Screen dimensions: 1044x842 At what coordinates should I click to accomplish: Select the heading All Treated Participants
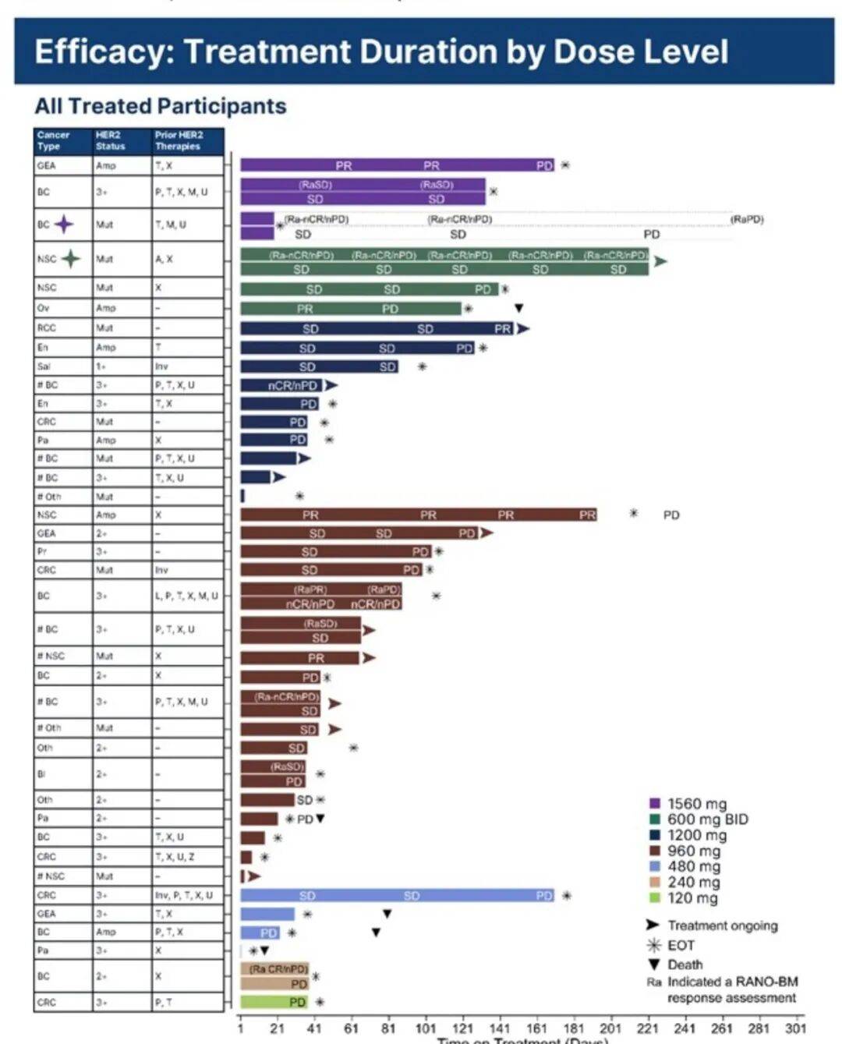coord(161,106)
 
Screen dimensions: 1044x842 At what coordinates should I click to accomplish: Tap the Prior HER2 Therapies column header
coord(179,140)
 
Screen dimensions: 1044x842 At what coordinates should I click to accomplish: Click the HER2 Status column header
coord(110,140)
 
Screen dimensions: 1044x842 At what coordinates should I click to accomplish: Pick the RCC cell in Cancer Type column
coord(47,328)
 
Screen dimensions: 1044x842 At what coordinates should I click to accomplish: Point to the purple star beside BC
coord(64,225)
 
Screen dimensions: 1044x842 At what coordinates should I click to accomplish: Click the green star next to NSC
coord(71,258)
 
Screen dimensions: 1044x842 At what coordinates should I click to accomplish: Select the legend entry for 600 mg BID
coord(706,819)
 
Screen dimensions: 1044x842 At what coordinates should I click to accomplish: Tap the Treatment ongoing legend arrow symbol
coord(653,925)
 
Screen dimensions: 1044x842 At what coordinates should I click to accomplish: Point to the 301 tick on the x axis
coord(795,1028)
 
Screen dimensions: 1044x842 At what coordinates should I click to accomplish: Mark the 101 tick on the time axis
coord(425,1028)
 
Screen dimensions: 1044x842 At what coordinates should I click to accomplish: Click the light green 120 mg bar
coord(274,1002)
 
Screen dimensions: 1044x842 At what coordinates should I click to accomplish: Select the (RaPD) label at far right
coord(746,219)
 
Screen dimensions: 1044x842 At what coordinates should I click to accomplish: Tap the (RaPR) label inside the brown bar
coord(310,590)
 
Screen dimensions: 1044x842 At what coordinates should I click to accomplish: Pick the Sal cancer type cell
coord(44,366)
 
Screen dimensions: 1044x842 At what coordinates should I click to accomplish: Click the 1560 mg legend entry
coord(696,804)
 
